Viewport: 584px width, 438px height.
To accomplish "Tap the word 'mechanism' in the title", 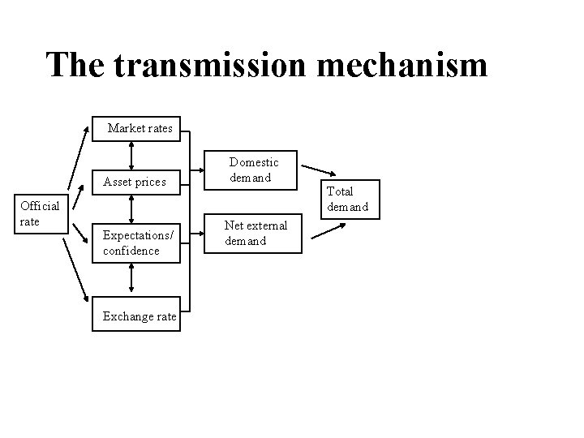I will [404, 64].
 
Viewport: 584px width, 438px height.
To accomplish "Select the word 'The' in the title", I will [76, 64].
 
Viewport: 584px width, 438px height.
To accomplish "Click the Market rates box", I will [140, 127].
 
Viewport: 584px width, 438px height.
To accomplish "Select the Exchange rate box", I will [140, 316].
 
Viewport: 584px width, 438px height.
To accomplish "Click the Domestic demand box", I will [253, 170].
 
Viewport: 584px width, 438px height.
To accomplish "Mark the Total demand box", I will [346, 199].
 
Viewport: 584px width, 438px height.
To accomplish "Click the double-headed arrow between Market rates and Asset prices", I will [131, 154].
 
